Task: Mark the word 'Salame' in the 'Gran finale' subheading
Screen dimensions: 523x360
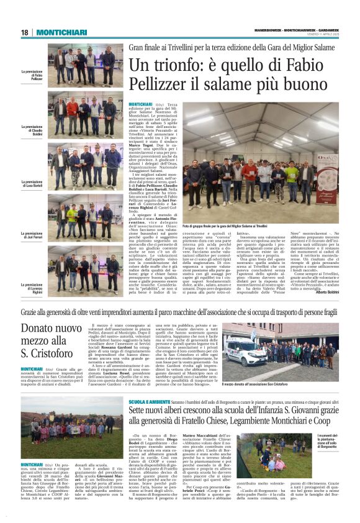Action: (314, 46)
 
